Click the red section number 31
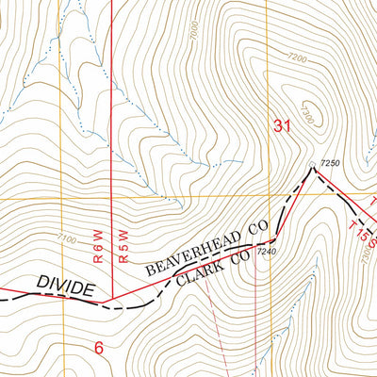coord(282,125)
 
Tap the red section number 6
coord(99,346)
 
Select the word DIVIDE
coord(66,286)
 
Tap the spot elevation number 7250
coord(329,163)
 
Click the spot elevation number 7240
coord(267,252)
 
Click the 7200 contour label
coord(298,58)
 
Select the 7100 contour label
coord(66,238)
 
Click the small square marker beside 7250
coord(313,168)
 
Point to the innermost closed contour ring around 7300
coord(314,115)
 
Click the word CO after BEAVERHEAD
coord(258,226)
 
